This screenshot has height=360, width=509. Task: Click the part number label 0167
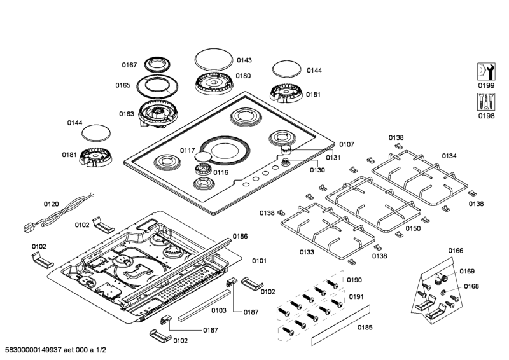coord(129,64)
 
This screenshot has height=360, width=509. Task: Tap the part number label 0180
coord(243,76)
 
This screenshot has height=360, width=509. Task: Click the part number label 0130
coord(317,170)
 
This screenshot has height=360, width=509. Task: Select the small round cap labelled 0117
coord(202,156)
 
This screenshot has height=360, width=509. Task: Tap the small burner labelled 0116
coord(203,170)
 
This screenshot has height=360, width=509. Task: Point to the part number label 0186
coord(240,236)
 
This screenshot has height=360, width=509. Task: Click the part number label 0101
coord(259,260)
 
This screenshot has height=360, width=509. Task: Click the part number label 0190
coord(354,280)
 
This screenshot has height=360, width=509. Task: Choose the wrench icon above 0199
coord(485,71)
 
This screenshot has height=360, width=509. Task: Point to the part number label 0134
coord(449,156)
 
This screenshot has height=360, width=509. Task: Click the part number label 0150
coord(413,228)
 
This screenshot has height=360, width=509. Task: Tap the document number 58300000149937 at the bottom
coord(38,350)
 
